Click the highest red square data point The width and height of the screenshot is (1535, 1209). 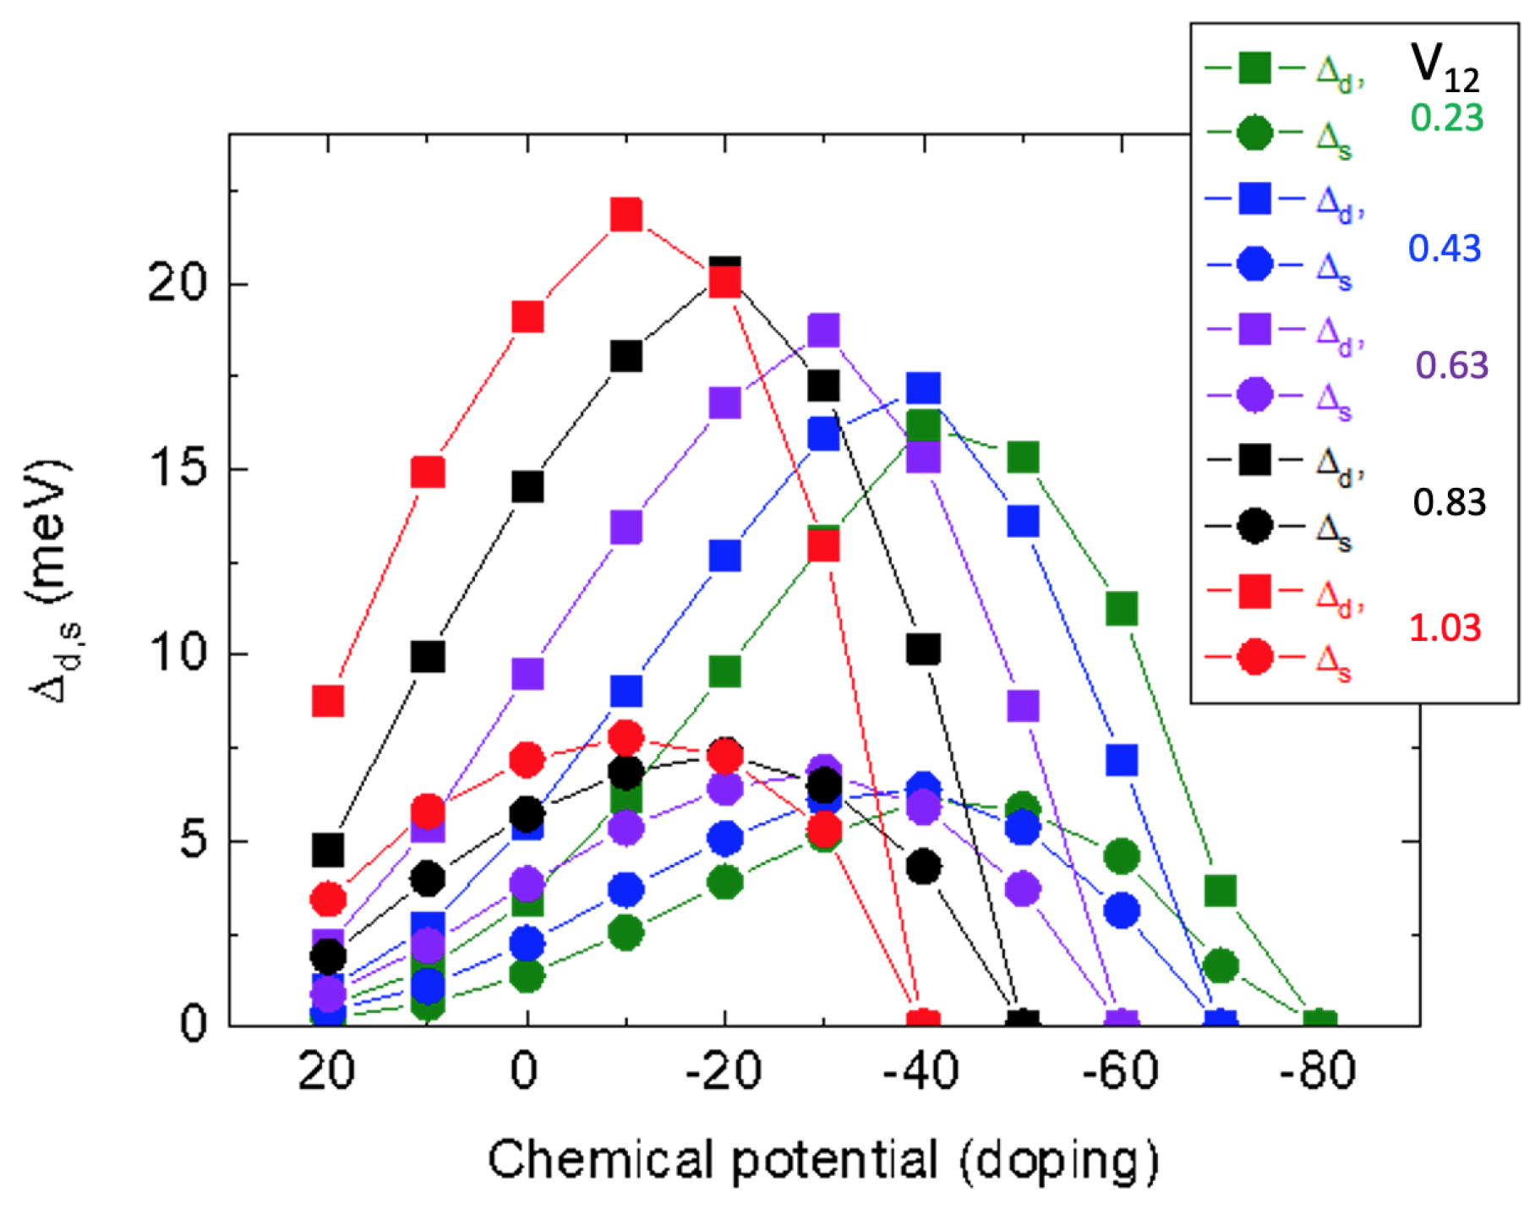pos(625,215)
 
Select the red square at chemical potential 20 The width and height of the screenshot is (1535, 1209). pos(328,700)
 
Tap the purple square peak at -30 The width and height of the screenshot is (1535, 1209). pos(823,331)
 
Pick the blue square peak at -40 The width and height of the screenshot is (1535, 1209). pos(923,389)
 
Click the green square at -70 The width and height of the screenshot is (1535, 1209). pos(1220,890)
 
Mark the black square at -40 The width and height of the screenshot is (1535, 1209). pos(923,649)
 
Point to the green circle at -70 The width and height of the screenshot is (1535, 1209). pos(1220,965)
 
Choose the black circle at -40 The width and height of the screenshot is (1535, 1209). pos(923,867)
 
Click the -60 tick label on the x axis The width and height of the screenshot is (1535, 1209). pos(1121,1071)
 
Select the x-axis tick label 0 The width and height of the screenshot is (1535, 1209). pos(525,1071)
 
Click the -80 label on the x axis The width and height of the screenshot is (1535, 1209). pos(1318,1071)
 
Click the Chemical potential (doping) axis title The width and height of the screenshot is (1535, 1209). pos(822,1160)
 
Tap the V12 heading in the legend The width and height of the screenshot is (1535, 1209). pos(1445,68)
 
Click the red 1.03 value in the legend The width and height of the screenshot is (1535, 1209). pos(1445,627)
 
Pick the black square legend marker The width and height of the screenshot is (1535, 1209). pos(1254,460)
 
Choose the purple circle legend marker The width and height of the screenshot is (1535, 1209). pos(1254,395)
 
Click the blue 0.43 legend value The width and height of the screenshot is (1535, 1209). pos(1445,249)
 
